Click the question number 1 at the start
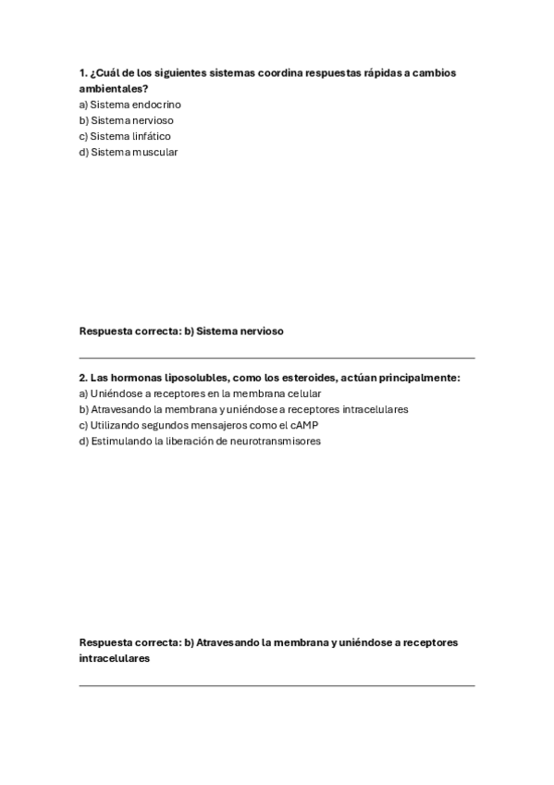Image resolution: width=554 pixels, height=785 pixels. [x=83, y=72]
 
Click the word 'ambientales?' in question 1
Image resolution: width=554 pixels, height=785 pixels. [x=114, y=88]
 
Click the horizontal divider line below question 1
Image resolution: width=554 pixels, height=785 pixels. [x=277, y=357]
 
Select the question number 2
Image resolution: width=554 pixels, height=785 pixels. [x=83, y=378]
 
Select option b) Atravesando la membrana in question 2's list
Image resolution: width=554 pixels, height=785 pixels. [x=243, y=409]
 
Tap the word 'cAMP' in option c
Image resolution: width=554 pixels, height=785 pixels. [x=303, y=425]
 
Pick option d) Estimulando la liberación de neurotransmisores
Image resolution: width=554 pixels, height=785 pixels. [x=200, y=441]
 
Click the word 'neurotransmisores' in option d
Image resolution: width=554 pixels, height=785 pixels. [x=277, y=441]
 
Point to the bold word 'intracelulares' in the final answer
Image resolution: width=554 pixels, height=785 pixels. [x=115, y=658]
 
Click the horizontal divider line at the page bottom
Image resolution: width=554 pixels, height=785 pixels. [x=277, y=685]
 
